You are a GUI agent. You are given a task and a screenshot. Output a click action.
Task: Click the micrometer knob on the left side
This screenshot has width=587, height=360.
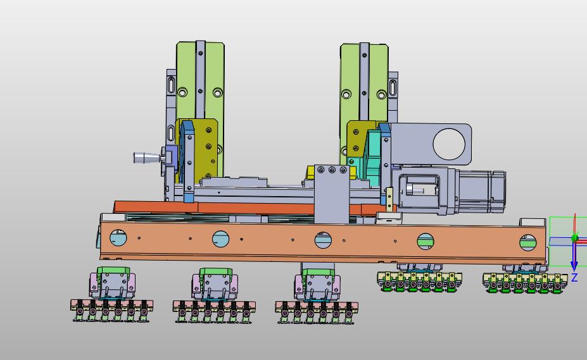point(147,158)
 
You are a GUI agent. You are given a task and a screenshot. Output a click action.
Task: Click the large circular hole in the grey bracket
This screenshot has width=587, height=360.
point(449,144)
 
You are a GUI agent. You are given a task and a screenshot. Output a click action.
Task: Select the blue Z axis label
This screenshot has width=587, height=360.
point(574,277)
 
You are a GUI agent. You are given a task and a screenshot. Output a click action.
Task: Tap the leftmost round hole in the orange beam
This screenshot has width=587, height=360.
point(118,237)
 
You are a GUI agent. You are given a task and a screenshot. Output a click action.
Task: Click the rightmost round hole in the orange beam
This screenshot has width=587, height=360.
point(528,242)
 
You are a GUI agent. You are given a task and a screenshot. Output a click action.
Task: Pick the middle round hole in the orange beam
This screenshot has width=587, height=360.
point(323,240)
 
